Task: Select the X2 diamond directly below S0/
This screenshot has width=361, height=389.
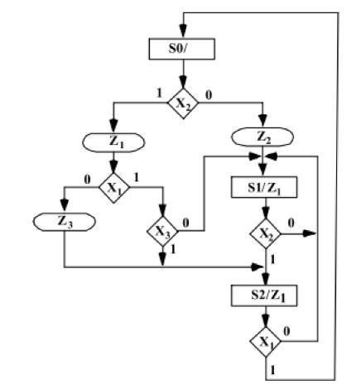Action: [184, 103]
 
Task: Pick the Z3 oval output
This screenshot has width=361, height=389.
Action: [64, 221]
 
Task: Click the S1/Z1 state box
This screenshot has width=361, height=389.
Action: [262, 188]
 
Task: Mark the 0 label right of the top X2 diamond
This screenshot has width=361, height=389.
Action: [208, 95]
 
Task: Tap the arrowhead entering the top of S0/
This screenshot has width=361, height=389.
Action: [184, 33]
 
